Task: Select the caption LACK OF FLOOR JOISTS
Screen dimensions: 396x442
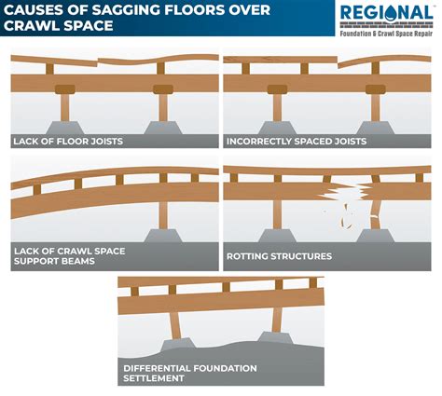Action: (x=67, y=142)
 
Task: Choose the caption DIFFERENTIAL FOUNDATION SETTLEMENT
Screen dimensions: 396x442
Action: (x=190, y=373)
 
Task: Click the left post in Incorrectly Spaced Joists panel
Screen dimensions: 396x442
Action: (x=277, y=108)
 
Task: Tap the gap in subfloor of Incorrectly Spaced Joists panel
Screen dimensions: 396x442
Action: (x=338, y=62)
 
